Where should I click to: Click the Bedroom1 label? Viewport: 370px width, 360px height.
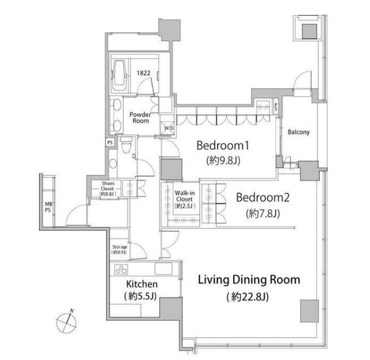pos(223,145)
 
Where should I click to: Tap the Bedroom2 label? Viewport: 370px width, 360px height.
pos(263,198)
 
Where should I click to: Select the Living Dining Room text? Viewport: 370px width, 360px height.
pos(249,280)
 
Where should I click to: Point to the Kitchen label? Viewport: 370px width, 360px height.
pos(142,284)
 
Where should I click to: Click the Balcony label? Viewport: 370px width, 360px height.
pos(299,132)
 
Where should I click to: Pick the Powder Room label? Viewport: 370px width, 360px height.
pos(140,118)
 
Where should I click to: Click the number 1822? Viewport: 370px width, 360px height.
pos(144,73)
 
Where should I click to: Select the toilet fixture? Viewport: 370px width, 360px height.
pos(126,145)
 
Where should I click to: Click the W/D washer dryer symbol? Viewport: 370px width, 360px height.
pos(168,128)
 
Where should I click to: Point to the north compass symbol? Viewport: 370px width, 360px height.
pos(67,322)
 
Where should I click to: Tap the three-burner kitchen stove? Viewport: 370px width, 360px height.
pos(121,269)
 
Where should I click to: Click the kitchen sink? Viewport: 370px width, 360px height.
pos(164,269)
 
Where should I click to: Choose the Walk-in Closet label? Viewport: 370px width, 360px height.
pos(185,199)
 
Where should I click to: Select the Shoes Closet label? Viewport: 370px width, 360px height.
pos(107,188)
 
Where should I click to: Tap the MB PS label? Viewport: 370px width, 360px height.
pos(49,207)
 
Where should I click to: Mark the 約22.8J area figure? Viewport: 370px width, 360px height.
pos(248,297)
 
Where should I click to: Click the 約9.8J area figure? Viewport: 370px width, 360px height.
pos(223,161)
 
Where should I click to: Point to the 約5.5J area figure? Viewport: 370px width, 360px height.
pos(140,296)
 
